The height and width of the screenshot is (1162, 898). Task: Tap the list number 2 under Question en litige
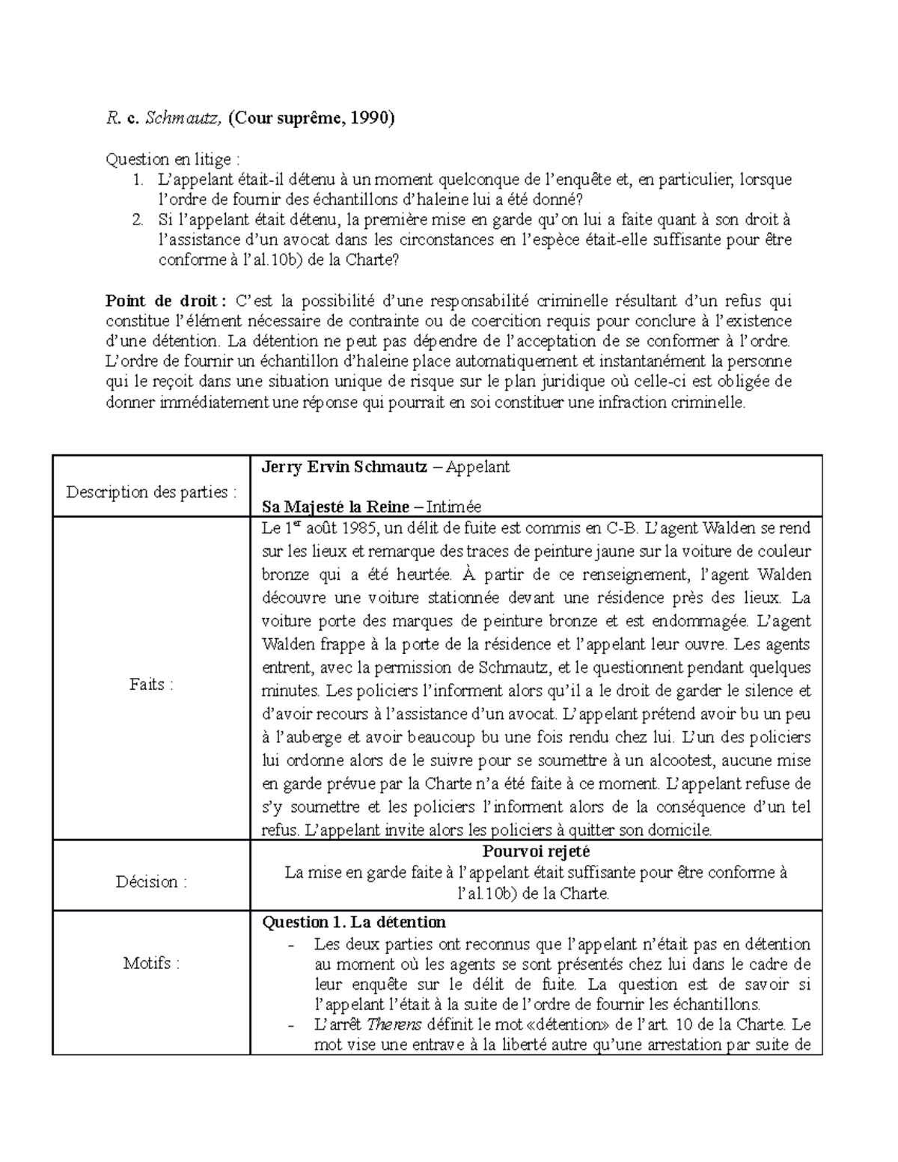(137, 220)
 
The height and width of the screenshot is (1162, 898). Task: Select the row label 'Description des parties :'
(151, 492)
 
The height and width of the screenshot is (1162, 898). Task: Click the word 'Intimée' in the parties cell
(453, 507)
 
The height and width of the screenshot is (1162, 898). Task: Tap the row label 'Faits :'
(151, 684)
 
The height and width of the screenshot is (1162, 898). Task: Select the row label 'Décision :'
(151, 881)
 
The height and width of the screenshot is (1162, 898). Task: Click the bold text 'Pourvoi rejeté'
(536, 851)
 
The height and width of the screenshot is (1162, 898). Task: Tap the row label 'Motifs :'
(151, 963)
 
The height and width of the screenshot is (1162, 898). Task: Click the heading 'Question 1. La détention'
(354, 922)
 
